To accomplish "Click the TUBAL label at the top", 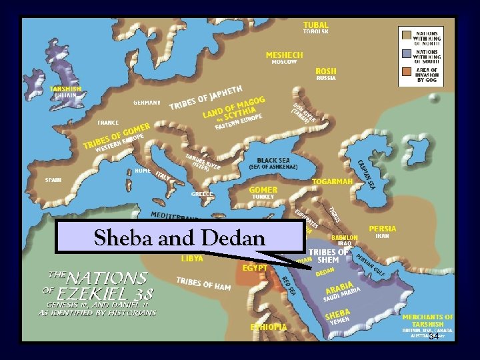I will (315, 25).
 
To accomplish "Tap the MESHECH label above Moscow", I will (284, 55).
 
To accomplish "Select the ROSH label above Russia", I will (326, 71).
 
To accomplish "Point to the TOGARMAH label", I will (332, 181).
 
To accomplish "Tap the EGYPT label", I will (255, 268).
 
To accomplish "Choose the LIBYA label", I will (193, 258).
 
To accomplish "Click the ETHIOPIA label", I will (268, 327).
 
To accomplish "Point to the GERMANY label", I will (147, 103).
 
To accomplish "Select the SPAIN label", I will (53, 180).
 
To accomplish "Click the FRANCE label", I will (108, 123).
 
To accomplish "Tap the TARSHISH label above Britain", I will (66, 88).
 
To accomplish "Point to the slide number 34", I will (434, 337).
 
